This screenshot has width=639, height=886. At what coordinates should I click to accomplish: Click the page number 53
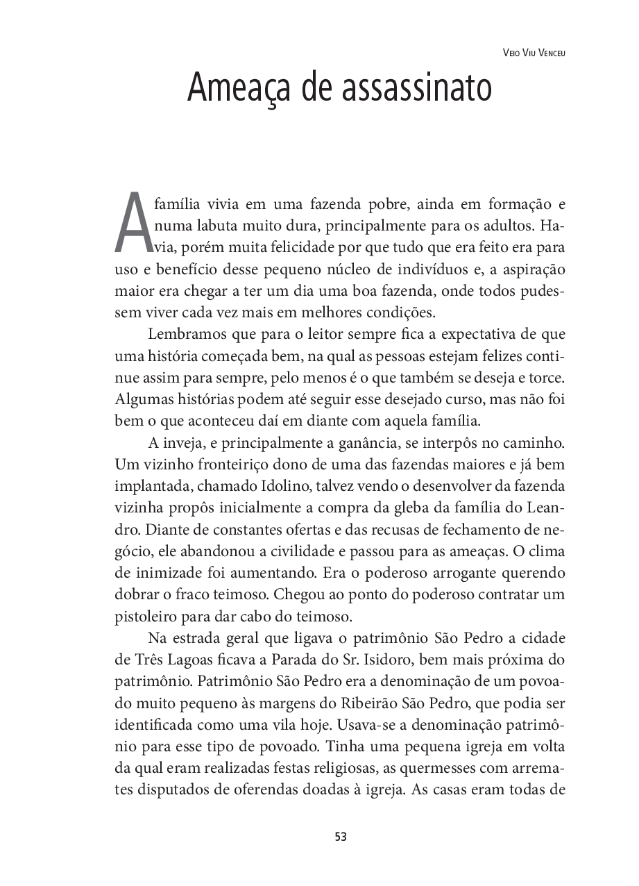click(x=340, y=837)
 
